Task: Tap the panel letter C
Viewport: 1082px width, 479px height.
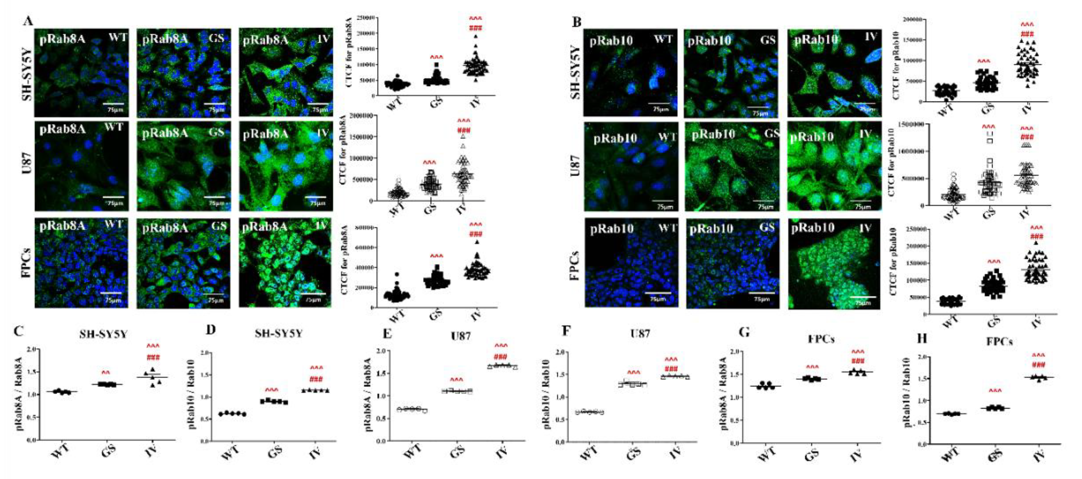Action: pyautogui.click(x=19, y=331)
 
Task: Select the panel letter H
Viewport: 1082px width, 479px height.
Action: pyautogui.click(x=922, y=339)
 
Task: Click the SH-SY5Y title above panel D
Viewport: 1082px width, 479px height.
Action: pyautogui.click(x=278, y=334)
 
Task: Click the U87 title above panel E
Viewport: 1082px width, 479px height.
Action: pyautogui.click(x=461, y=336)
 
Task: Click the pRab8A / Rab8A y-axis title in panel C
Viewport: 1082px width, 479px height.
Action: pyautogui.click(x=19, y=393)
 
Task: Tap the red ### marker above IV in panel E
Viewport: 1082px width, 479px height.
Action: pyautogui.click(x=500, y=357)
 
